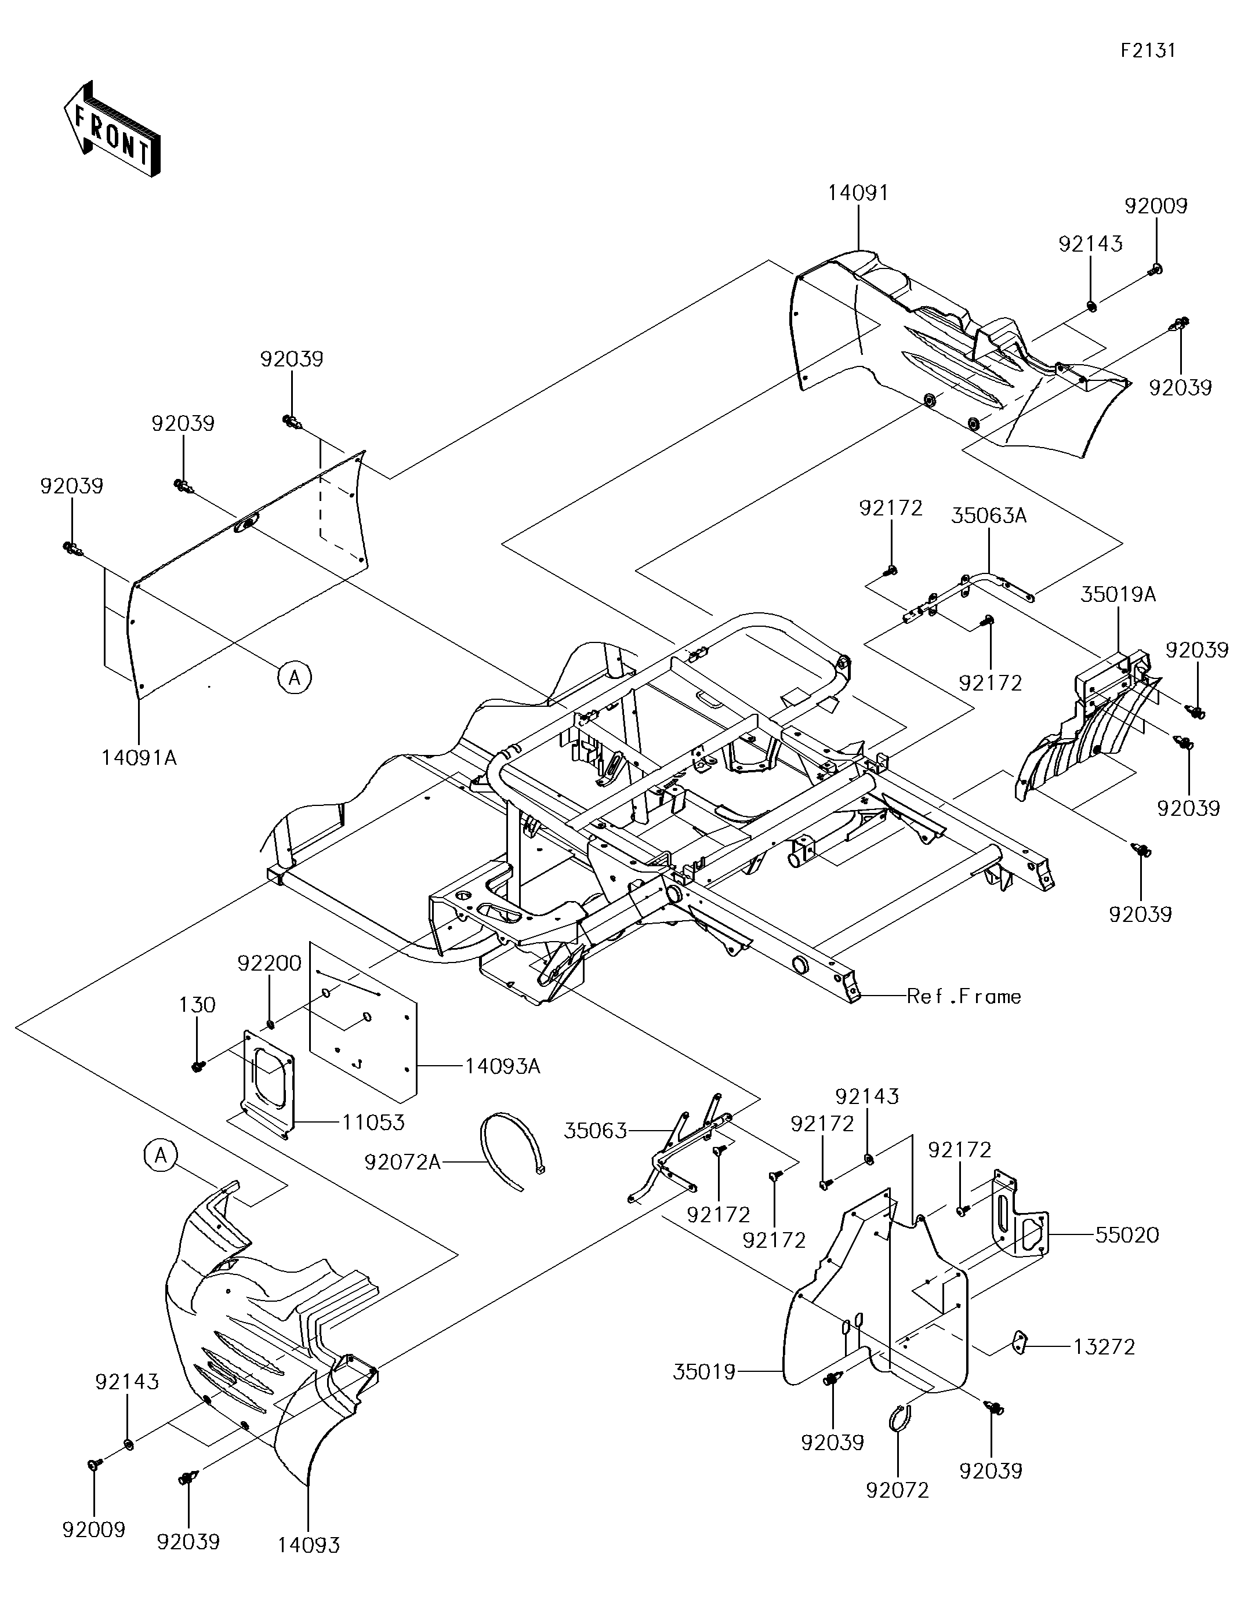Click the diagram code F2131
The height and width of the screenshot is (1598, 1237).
[1148, 50]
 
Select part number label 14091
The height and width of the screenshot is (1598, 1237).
[858, 193]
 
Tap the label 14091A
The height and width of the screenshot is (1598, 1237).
[139, 758]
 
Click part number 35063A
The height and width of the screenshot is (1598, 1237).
[989, 516]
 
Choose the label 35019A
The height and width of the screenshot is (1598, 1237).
[1118, 594]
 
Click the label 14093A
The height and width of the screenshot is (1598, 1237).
[502, 1067]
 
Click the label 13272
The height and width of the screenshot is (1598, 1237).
[1104, 1346]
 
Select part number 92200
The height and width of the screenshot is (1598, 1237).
[269, 964]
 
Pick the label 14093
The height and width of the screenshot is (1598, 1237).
[309, 1545]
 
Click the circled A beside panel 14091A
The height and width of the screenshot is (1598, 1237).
[294, 678]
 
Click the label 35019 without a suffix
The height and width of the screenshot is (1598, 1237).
[704, 1372]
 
